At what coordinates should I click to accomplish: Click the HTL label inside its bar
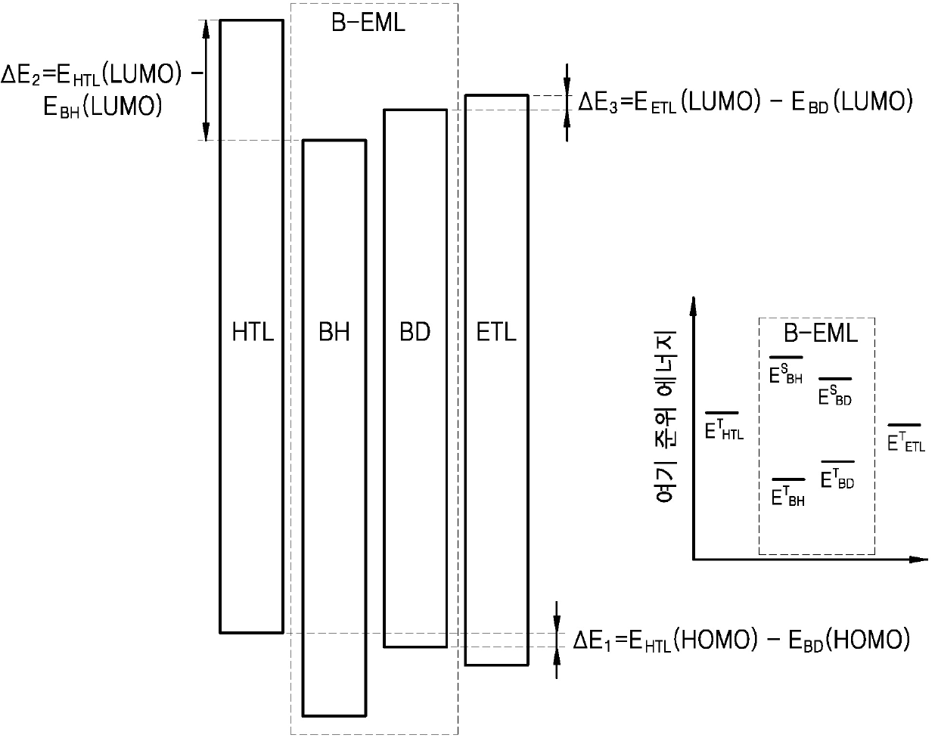(253, 333)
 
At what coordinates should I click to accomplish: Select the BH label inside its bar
(334, 333)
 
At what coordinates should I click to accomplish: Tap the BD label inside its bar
(415, 333)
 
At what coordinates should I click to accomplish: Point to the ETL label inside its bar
(496, 333)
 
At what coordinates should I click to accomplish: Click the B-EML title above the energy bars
(368, 23)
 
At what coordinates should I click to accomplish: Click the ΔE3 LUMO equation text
(745, 102)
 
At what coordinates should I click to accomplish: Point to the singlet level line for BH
(786, 356)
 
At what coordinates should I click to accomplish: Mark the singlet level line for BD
(835, 378)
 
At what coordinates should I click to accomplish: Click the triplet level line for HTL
(722, 413)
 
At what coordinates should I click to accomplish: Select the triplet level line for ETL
(905, 425)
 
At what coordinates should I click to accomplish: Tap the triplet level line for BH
(787, 479)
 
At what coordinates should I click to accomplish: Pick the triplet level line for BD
(837, 461)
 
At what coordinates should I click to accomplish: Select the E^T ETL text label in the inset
(905, 442)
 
